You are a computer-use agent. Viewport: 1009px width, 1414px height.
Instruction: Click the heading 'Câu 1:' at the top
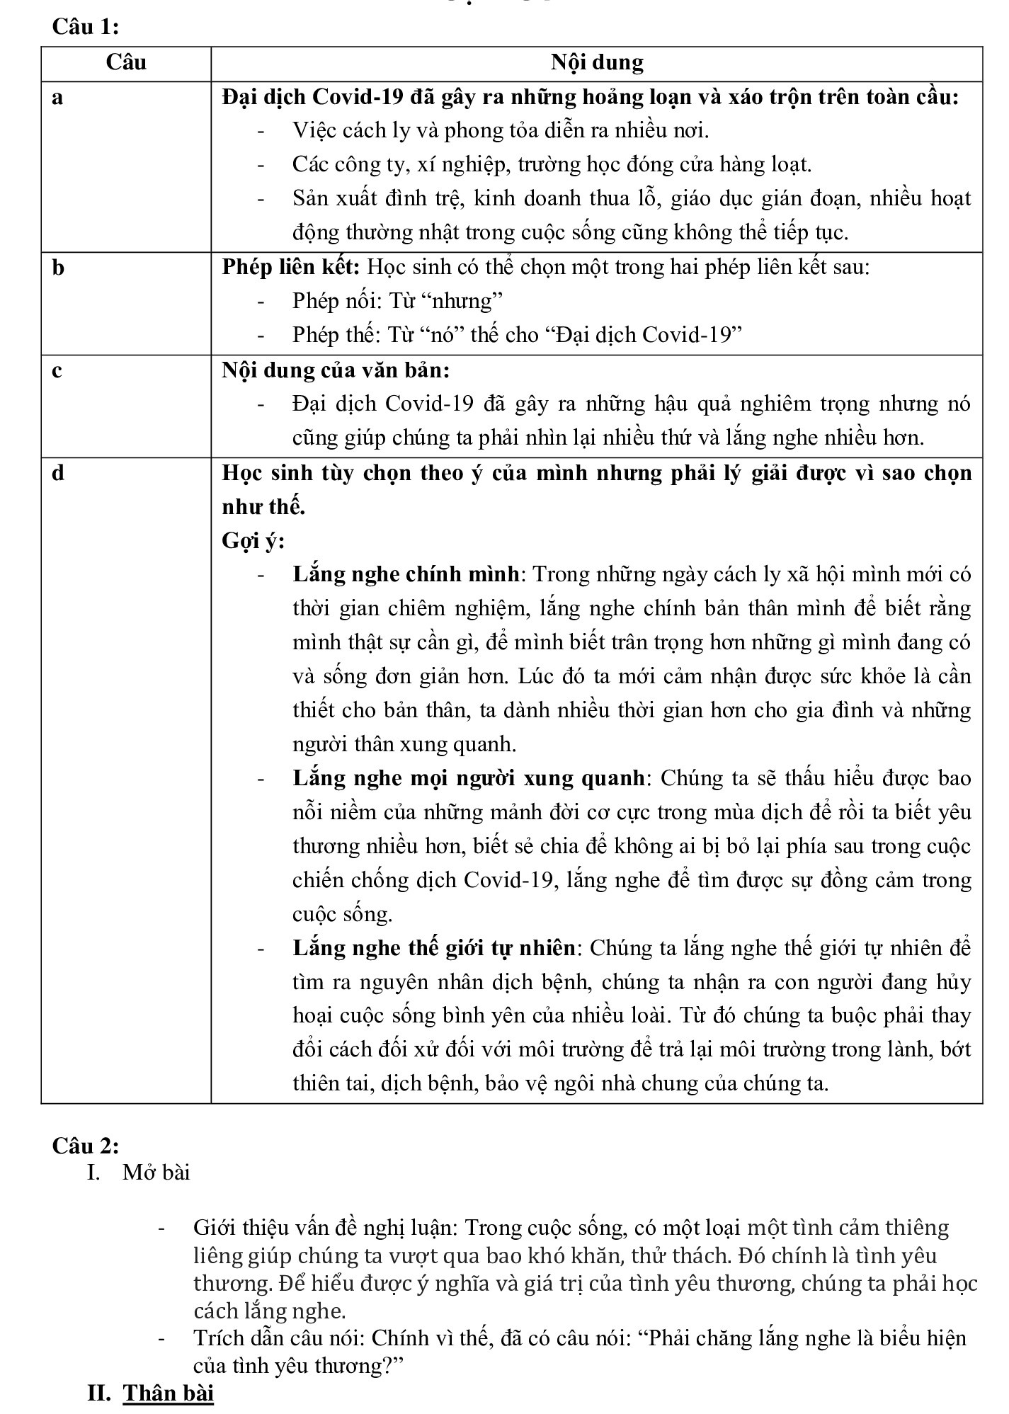tap(85, 27)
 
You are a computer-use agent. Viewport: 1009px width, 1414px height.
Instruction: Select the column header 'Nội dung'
tap(597, 63)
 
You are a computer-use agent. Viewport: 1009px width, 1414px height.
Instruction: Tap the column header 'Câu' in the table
tap(126, 63)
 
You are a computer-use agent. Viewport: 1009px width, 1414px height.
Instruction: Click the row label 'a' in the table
tap(57, 97)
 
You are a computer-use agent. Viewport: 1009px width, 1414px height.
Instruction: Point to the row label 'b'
tap(58, 268)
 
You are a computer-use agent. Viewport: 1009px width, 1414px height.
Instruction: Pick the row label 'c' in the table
tap(57, 370)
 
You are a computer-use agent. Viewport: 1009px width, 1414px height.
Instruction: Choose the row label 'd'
tap(58, 473)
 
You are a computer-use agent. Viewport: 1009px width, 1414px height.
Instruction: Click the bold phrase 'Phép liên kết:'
tap(292, 268)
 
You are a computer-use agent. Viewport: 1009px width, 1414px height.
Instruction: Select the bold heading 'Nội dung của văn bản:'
tap(336, 370)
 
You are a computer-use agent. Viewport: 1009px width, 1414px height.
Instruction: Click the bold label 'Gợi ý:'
tap(253, 541)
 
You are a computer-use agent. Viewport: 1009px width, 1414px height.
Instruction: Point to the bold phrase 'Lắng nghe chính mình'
tap(406, 574)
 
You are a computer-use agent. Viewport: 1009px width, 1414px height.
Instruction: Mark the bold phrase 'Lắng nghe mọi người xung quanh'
tap(469, 778)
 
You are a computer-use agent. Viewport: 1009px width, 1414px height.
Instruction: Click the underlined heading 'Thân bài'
tap(169, 1393)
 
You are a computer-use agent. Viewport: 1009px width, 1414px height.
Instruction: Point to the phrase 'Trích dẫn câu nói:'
tap(280, 1338)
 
